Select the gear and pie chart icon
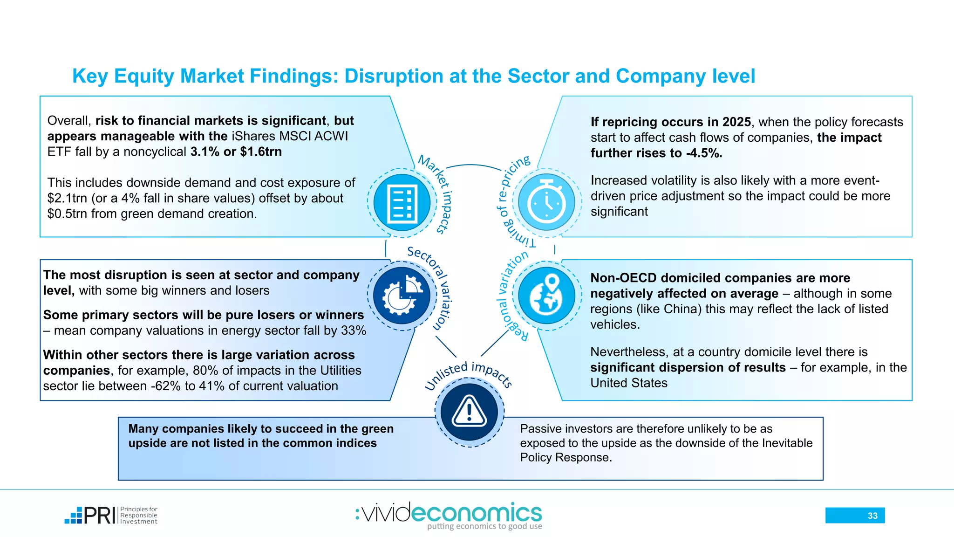point(402,296)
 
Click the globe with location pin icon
point(546,296)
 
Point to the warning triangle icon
point(469,412)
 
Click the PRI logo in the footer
point(111,516)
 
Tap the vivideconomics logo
point(449,514)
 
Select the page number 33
point(872,516)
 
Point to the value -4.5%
point(704,153)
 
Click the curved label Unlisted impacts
point(468,373)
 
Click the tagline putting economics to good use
point(484,526)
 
